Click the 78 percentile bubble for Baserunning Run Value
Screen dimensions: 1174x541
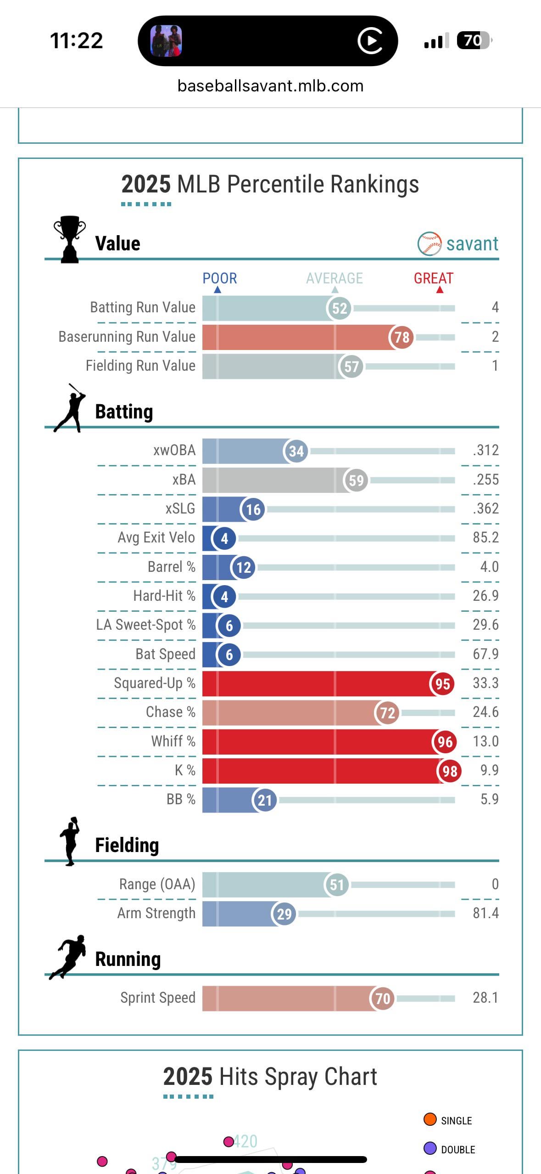(x=402, y=337)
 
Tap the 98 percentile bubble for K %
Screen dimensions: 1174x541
(x=449, y=771)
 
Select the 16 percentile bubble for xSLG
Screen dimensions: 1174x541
(x=253, y=509)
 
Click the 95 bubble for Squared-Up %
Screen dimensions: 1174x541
(x=442, y=683)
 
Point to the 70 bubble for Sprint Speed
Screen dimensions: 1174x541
(x=382, y=998)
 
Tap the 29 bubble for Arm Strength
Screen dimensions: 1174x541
(x=284, y=914)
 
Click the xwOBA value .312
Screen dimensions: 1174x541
(x=485, y=450)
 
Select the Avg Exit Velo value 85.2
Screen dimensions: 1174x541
(x=485, y=537)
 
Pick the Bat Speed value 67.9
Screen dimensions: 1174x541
(x=485, y=654)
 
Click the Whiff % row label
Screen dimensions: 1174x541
(x=173, y=741)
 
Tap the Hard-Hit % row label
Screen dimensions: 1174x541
(x=164, y=596)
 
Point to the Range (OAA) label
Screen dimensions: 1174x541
(x=157, y=884)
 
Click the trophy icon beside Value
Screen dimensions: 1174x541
(x=69, y=239)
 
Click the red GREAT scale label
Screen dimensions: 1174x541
(x=433, y=278)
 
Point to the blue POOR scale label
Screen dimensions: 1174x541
(x=220, y=278)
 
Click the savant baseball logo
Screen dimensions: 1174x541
(x=429, y=243)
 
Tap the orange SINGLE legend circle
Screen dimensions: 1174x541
(x=430, y=1120)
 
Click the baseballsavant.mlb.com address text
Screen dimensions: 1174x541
(x=270, y=86)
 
